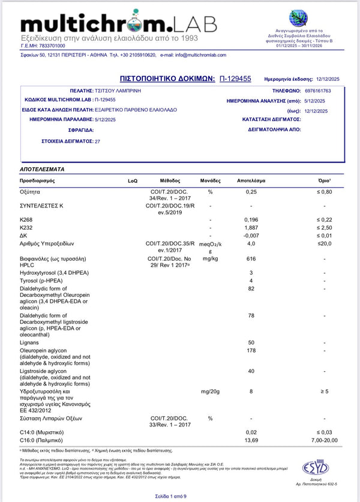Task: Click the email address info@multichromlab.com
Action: [x=193, y=55]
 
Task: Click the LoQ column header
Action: [x=133, y=181]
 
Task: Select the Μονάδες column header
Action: [x=211, y=181]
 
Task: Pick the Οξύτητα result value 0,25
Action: [x=251, y=192]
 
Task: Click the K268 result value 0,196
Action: [x=251, y=220]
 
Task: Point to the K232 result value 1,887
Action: [x=251, y=228]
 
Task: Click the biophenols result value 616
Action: [x=251, y=258]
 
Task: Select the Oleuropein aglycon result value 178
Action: [x=251, y=350]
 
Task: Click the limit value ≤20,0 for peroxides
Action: [x=324, y=244]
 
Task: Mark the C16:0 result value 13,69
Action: [x=251, y=440]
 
